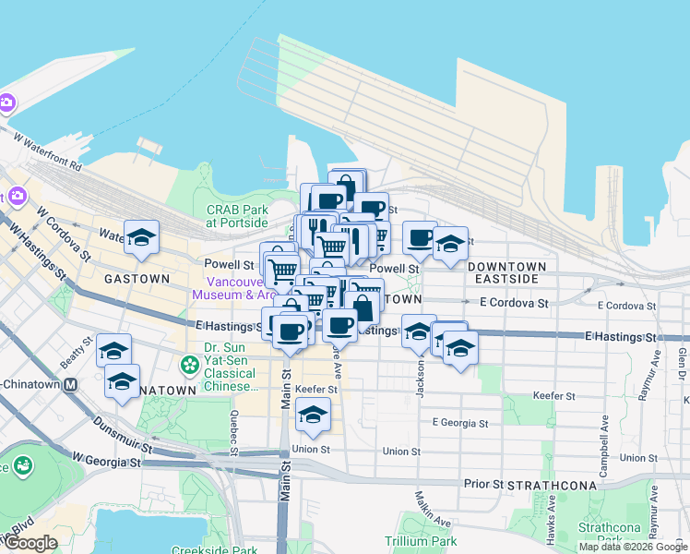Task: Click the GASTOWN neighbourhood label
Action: (137, 278)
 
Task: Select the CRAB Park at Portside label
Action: (237, 216)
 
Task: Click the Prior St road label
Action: (483, 483)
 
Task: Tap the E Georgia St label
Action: (459, 423)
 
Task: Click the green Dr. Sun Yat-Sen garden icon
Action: (190, 365)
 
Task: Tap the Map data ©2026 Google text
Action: (633, 547)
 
